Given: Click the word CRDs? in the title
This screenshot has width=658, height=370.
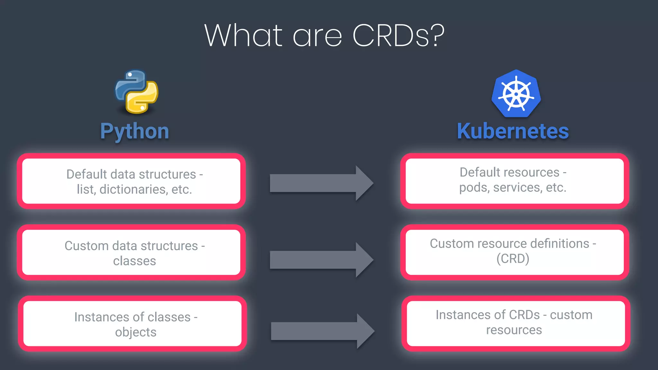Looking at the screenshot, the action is (398, 36).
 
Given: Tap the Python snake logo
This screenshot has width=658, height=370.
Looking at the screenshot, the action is (137, 92).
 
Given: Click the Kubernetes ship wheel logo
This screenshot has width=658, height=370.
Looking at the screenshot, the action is (516, 94).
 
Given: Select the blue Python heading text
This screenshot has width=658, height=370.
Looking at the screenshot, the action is (135, 131).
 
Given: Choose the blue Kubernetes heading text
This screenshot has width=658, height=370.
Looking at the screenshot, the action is (513, 131).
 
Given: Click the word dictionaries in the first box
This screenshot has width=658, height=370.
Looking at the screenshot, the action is (133, 189).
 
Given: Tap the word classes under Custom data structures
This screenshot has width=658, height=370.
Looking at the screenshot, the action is (134, 261).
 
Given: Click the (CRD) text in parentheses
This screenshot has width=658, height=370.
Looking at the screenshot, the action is (513, 259).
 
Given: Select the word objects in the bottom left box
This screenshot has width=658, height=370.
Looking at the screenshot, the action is (136, 332).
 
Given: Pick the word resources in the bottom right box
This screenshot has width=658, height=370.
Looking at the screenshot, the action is (514, 330).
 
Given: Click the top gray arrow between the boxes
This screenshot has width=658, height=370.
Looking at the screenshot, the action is (321, 183).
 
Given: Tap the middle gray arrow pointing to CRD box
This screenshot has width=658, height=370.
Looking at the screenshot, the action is (321, 260).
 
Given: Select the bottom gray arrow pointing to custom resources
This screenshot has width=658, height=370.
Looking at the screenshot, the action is (322, 331).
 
